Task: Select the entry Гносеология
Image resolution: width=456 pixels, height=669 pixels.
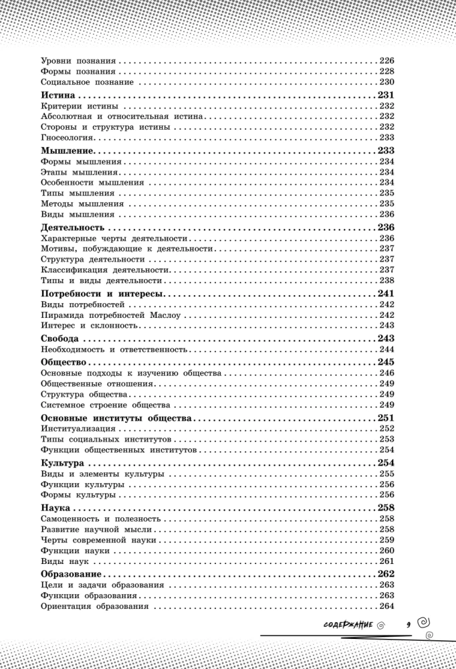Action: pos(68,136)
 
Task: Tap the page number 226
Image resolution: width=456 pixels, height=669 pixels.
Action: pos(386,60)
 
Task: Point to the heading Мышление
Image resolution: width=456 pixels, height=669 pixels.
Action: pos(66,151)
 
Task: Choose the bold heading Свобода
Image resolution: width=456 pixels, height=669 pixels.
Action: pos(60,339)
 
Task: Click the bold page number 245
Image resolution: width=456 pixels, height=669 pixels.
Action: pos(386,362)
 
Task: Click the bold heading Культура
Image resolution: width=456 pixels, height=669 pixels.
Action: pos(62,463)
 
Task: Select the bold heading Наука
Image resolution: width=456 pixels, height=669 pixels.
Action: pos(55,508)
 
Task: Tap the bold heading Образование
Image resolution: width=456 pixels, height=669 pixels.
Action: pos(71,574)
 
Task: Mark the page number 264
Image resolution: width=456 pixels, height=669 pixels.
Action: pos(386,607)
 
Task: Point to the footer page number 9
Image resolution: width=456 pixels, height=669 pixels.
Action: pos(407,625)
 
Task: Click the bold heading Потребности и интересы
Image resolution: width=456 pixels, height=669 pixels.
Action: pos(102,294)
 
